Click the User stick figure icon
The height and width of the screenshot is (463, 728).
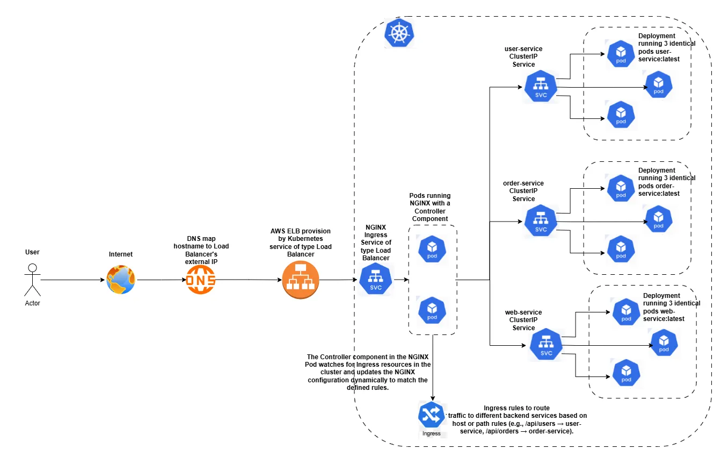point(33,280)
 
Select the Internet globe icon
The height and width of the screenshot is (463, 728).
point(121,280)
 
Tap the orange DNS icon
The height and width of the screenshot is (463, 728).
point(200,280)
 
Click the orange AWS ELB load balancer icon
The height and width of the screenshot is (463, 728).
point(301,280)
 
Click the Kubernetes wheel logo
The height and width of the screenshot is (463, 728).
point(399,33)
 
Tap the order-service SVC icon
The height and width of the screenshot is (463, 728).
point(541,220)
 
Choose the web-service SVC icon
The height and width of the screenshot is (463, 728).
point(546,344)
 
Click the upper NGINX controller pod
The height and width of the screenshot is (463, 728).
point(432,248)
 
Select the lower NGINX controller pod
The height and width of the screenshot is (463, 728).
point(432,310)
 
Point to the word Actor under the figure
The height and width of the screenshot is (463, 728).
point(33,303)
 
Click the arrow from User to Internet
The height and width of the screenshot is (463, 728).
point(72,280)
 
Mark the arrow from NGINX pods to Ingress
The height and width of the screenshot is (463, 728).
point(432,366)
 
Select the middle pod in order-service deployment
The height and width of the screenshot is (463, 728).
point(659,218)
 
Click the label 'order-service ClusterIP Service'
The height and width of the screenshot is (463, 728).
point(523,191)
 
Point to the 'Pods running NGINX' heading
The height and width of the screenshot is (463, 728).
point(430,207)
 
